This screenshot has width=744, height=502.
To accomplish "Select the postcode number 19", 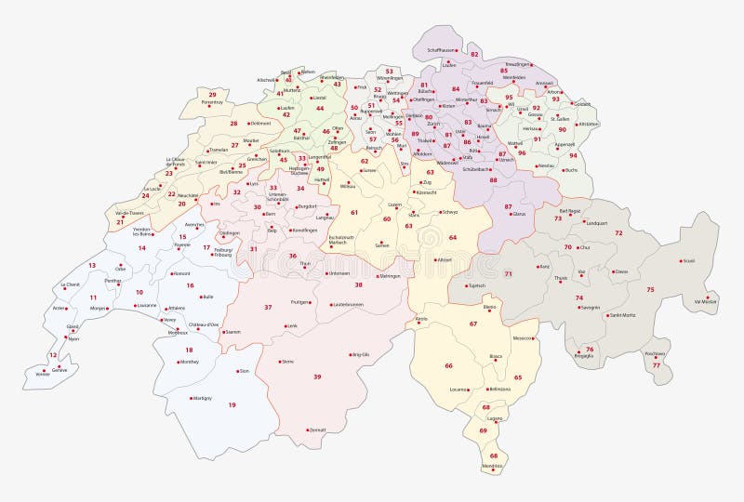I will pyautogui.click(x=232, y=404).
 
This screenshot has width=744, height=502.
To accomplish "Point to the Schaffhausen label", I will pyautogui.click(x=442, y=49).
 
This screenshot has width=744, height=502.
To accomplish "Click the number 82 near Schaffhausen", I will pyautogui.click(x=474, y=55).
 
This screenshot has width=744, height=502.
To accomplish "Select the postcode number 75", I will pyautogui.click(x=650, y=290).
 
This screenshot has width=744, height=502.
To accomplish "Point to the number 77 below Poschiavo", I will pyautogui.click(x=656, y=365).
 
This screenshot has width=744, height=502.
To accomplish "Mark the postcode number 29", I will pyautogui.click(x=212, y=94).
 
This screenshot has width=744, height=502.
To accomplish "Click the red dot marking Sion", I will pyautogui.click(x=236, y=371).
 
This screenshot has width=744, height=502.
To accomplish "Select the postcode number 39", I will pyautogui.click(x=317, y=376).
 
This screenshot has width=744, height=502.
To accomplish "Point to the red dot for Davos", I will pyautogui.click(x=612, y=271).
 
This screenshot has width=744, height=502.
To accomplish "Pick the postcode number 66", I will pyautogui.click(x=448, y=365).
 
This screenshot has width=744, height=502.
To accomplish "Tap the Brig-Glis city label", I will pyautogui.click(x=360, y=354).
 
